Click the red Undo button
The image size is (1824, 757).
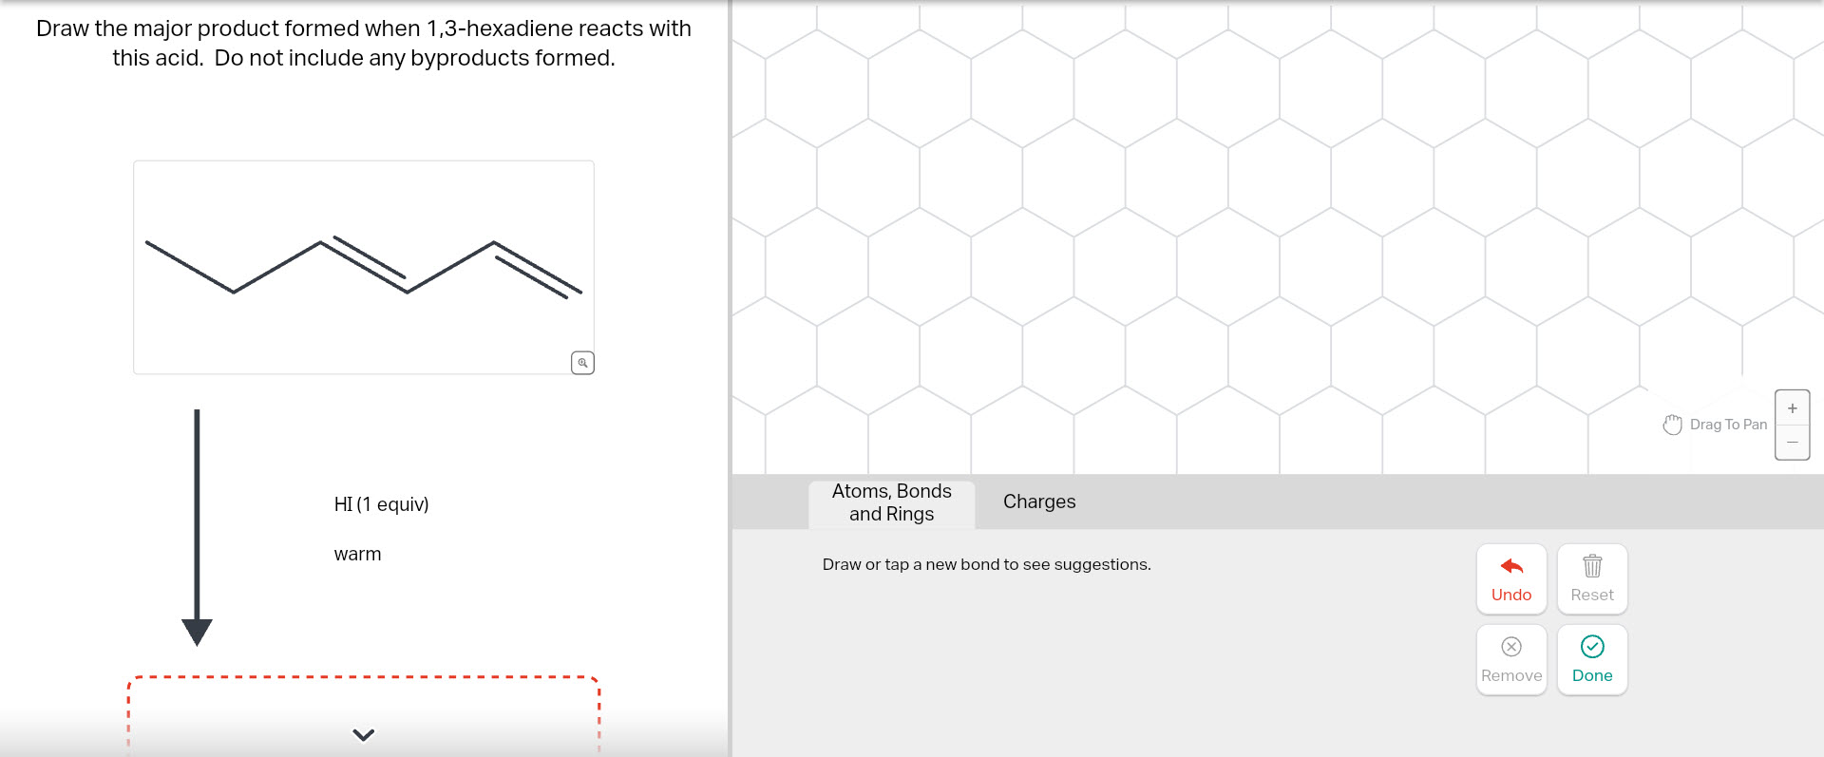click(1510, 579)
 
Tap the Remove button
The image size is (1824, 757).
click(1510, 660)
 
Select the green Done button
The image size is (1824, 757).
click(1592, 660)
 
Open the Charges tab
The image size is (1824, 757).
click(1039, 502)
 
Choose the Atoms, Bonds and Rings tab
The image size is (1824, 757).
click(891, 502)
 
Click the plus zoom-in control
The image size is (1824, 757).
click(1792, 408)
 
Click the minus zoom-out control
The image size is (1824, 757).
click(1792, 442)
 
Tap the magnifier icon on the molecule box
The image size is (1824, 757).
click(582, 363)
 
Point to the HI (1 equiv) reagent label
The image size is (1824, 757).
click(381, 504)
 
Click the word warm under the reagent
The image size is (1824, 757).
click(357, 554)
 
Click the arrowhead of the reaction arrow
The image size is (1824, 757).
click(197, 632)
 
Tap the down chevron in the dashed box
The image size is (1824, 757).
click(363, 734)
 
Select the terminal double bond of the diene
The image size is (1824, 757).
click(537, 269)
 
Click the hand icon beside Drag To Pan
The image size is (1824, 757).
click(1672, 425)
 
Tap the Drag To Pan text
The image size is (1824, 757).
click(1728, 425)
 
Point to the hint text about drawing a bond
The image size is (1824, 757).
click(986, 564)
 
